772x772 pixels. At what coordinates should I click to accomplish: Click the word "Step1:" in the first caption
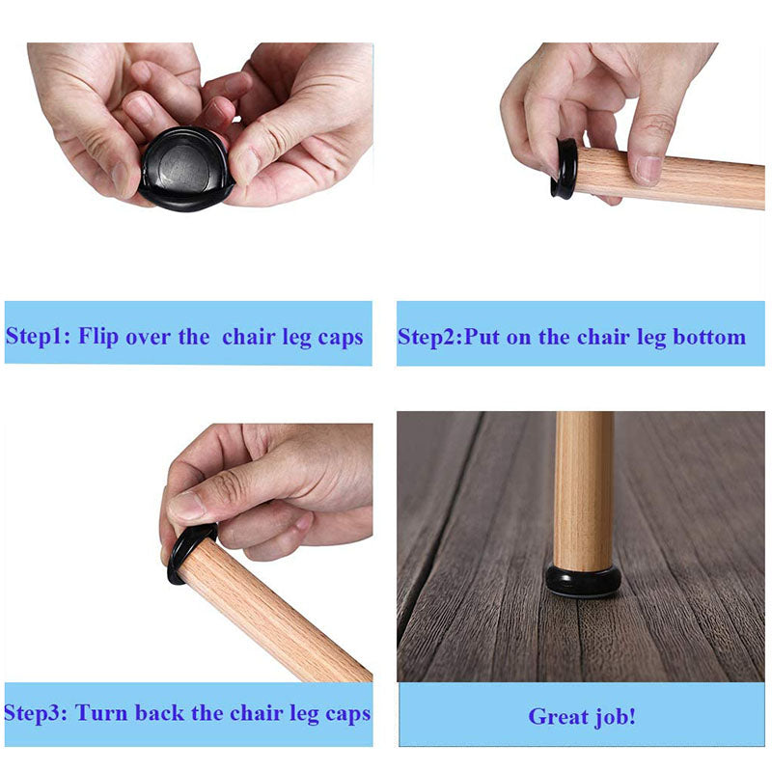[38, 337]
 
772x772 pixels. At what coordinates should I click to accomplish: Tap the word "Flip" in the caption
[98, 337]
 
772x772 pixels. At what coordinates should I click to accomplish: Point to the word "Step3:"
[36, 713]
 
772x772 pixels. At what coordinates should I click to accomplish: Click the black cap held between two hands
[184, 170]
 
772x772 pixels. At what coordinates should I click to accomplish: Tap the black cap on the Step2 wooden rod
[565, 169]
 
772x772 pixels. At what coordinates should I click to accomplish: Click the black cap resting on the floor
[584, 581]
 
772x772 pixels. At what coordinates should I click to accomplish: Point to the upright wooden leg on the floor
[584, 491]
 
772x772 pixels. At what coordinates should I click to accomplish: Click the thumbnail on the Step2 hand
[648, 171]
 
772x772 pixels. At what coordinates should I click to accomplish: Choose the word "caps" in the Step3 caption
[347, 715]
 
